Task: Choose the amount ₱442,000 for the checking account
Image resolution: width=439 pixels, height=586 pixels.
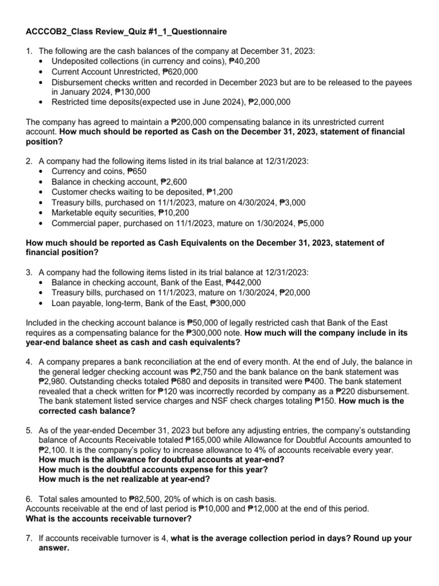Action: tap(244, 282)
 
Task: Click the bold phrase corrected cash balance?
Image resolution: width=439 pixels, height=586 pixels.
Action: tap(87, 411)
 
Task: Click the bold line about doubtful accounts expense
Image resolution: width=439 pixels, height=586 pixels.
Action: tap(153, 470)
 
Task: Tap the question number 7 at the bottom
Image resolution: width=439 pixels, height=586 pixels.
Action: tap(29, 539)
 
